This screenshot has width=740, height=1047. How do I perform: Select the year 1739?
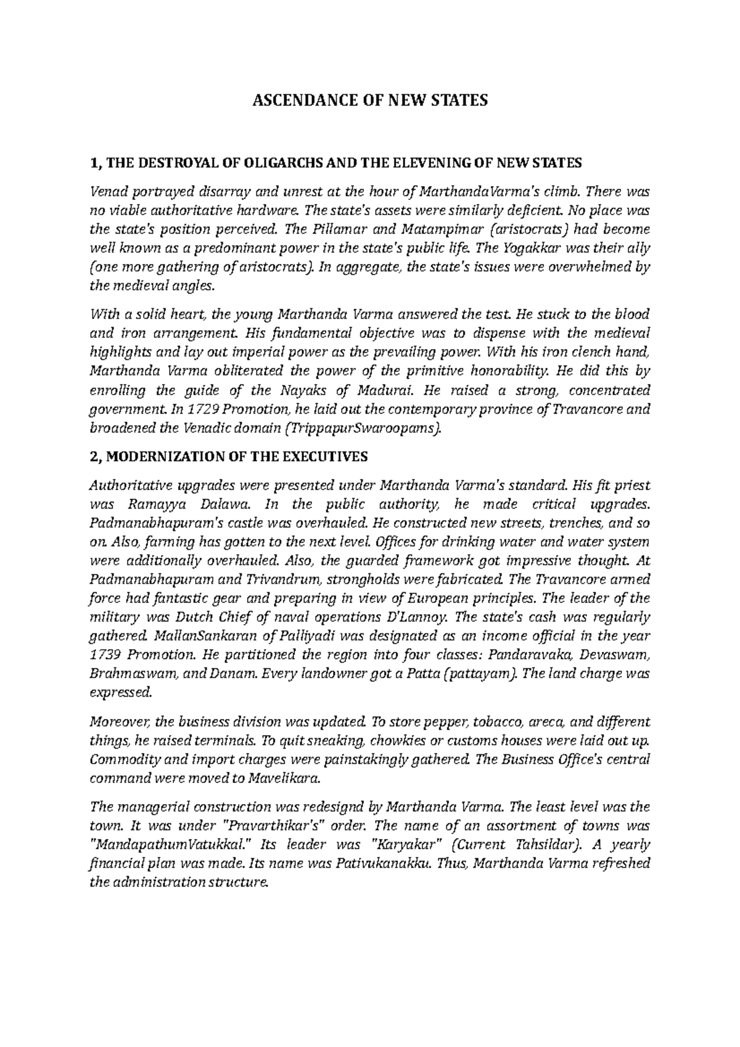104,655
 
